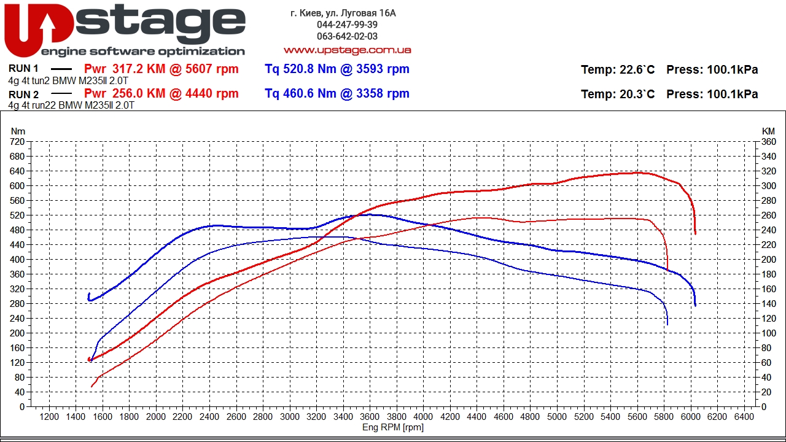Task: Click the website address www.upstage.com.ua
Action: [347, 50]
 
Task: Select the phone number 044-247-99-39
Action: [347, 25]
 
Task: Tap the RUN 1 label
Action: [24, 69]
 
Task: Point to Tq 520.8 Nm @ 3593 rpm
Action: [337, 69]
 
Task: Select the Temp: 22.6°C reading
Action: [617, 69]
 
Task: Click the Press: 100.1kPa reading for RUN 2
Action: [712, 94]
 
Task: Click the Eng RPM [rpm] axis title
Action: [393, 427]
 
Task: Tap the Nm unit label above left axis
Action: [18, 131]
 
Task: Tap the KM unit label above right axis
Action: [768, 131]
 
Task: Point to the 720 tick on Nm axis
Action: [17, 142]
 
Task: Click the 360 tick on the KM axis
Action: [768, 142]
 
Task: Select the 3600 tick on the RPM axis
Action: [370, 417]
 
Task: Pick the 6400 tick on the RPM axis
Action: [744, 417]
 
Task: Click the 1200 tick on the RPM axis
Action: [49, 417]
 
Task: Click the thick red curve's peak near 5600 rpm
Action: [639, 173]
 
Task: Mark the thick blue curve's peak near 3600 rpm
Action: [367, 214]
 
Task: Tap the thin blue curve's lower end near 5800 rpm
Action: [667, 324]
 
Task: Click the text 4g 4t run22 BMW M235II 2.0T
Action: [71, 105]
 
